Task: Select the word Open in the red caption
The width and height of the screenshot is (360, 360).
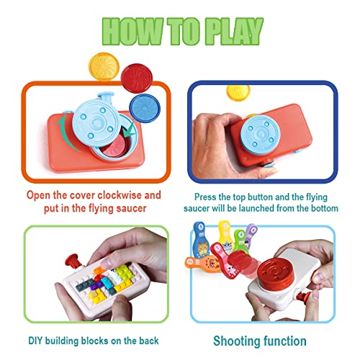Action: [x=40, y=195]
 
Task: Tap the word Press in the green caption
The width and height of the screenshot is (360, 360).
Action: [x=208, y=194]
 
